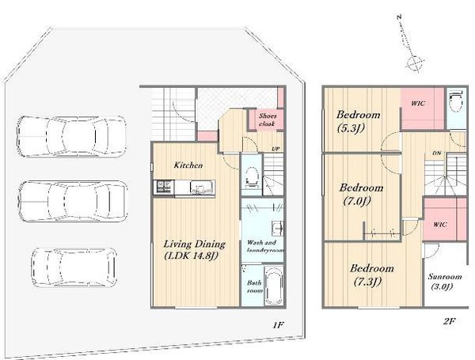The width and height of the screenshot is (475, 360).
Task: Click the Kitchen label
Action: pyautogui.click(x=188, y=165)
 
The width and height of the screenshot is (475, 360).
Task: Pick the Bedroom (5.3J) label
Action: pyautogui.click(x=358, y=120)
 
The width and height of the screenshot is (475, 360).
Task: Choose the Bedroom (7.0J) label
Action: pyautogui.click(x=361, y=194)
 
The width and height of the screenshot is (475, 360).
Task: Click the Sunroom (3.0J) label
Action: pyautogui.click(x=440, y=282)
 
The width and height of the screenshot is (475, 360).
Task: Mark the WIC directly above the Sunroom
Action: pyautogui.click(x=439, y=225)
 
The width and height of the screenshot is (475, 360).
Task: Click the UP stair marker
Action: pyautogui.click(x=275, y=149)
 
